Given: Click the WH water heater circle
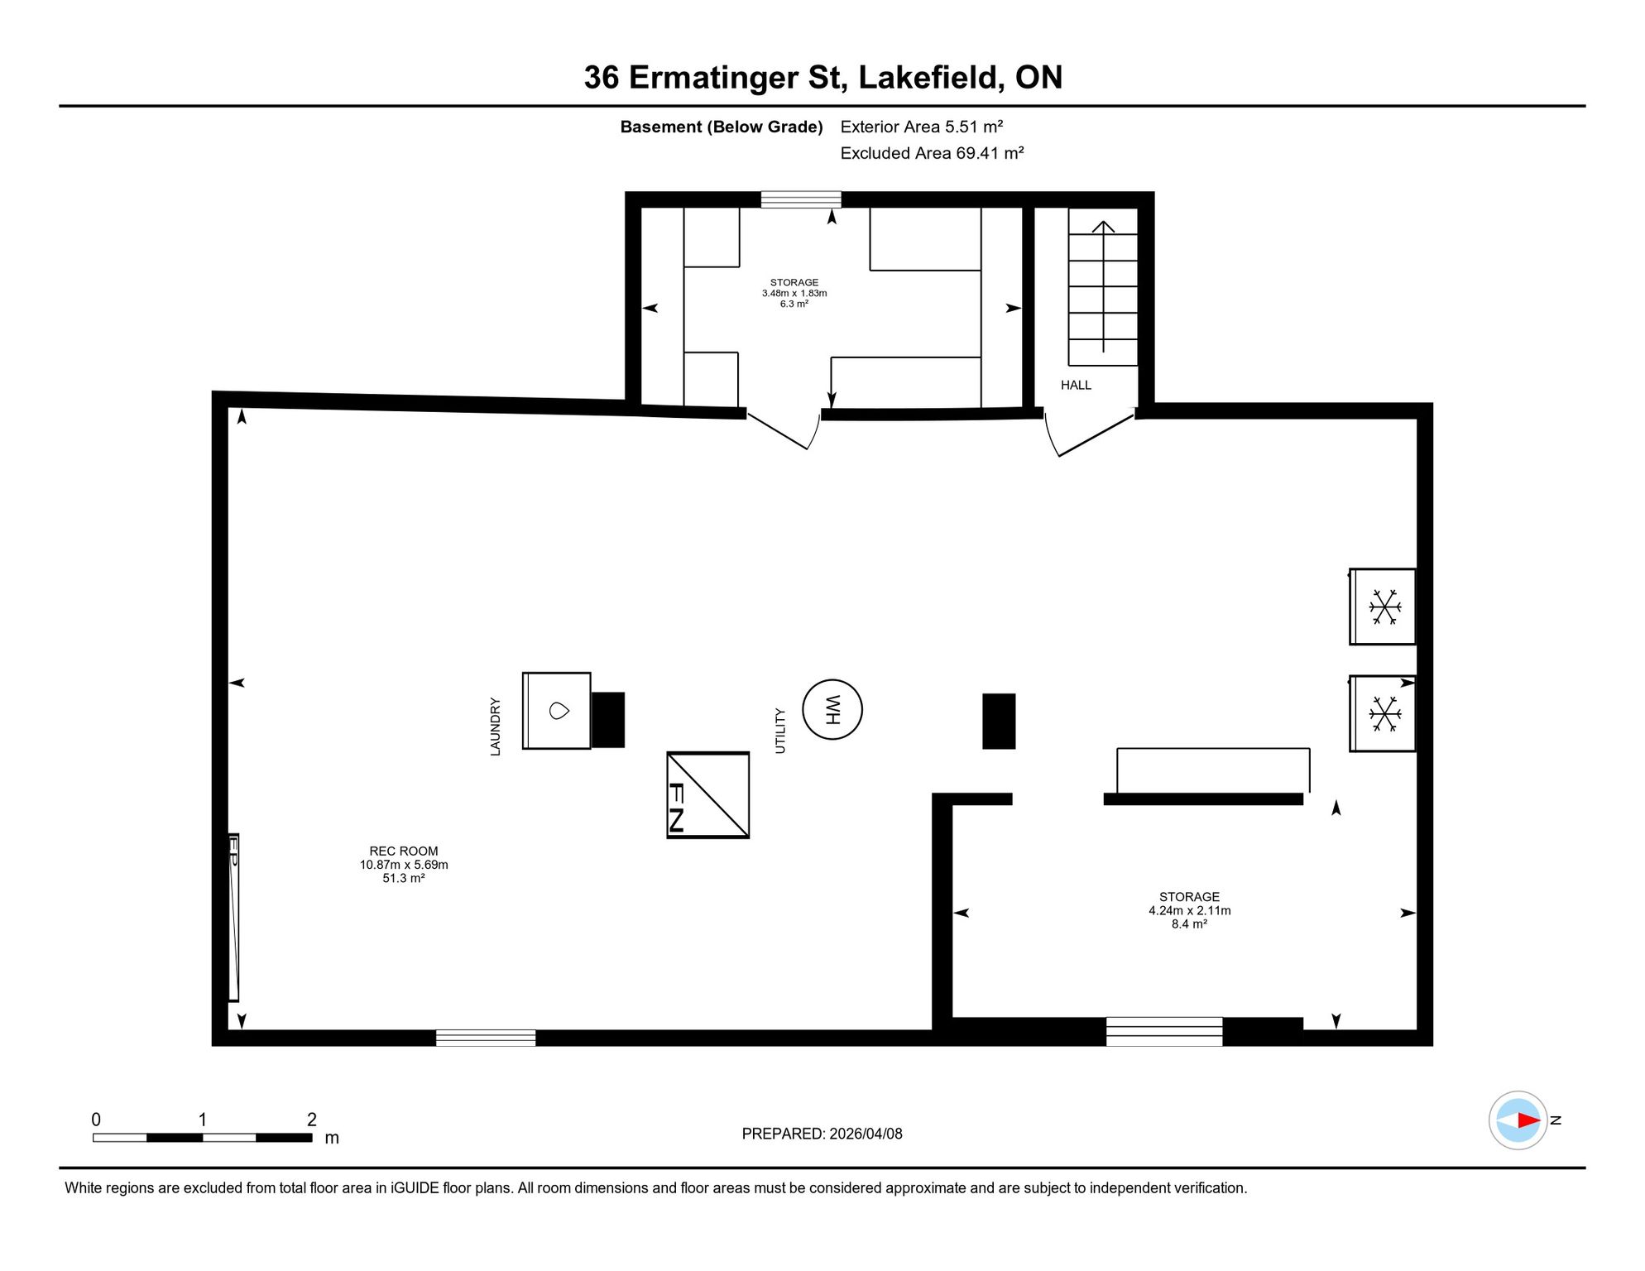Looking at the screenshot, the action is [832, 709].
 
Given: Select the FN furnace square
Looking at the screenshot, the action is [708, 794].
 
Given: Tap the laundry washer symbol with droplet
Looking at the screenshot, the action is [557, 711].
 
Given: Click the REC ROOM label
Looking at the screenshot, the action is [404, 851].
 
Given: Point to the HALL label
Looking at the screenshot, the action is [1076, 385].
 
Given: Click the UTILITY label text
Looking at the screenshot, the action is [779, 731].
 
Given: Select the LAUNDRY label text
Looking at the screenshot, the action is [495, 727].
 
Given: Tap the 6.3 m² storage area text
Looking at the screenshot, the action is [794, 304].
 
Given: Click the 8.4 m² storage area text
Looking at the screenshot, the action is [1189, 923].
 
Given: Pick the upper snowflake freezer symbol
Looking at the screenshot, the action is [1384, 607].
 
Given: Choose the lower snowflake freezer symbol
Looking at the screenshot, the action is [1384, 713].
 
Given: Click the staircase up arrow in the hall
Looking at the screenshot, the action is [1103, 286].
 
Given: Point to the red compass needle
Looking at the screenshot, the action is [1528, 1120].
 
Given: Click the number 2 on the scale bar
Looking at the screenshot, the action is [312, 1120].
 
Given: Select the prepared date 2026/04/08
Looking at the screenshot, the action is [866, 1134].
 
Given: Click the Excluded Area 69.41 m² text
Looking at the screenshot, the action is [932, 153].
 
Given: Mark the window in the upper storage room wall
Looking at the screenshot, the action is [801, 199].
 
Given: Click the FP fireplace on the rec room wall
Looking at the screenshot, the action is [234, 918].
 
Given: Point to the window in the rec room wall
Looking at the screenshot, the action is [486, 1038].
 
